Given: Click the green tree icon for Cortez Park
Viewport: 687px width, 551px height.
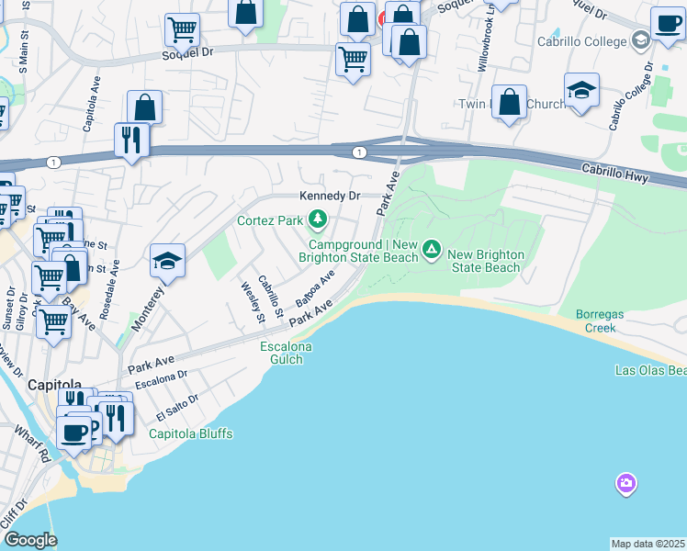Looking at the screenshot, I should [317, 219].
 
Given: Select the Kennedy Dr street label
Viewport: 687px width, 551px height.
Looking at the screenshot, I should [328, 196].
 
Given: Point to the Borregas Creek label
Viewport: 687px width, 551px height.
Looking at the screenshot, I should [599, 320].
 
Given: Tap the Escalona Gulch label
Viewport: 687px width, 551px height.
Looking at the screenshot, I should [286, 353].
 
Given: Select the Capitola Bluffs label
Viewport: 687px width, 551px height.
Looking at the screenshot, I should [191, 433].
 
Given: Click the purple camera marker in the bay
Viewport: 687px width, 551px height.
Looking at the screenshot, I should [625, 483].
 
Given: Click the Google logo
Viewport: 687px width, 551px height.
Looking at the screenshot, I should [30, 540].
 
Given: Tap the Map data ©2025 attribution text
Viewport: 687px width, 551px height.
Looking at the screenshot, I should [648, 544].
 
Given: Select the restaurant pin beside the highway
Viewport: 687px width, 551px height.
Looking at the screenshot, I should [131, 141].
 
